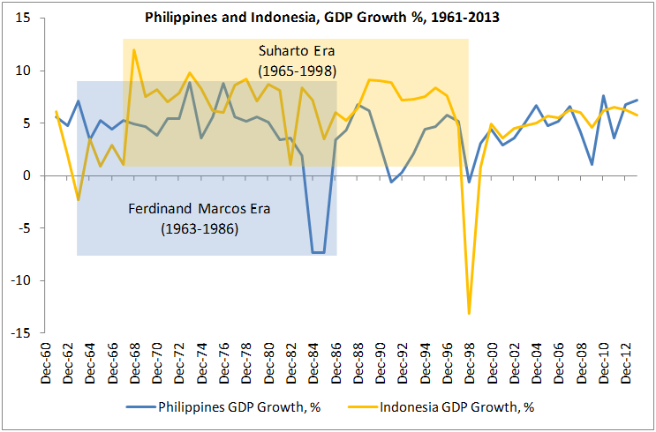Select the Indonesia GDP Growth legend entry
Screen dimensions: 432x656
[456, 407]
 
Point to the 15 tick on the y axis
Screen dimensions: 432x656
[21, 19]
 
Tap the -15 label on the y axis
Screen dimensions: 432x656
[19, 333]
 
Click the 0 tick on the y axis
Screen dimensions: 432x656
[26, 176]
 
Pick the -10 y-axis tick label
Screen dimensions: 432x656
[19, 281]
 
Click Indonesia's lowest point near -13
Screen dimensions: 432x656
[469, 313]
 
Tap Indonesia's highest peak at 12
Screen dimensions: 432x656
[134, 50]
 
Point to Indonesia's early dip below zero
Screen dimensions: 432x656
[78, 200]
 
